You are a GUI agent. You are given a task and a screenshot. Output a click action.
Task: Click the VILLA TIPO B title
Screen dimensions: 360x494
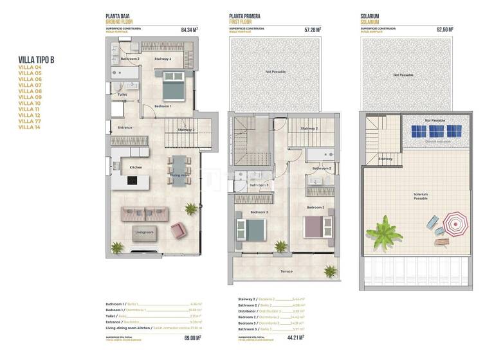pyautogui.click(x=37, y=60)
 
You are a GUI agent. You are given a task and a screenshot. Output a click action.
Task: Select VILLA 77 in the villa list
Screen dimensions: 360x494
pyautogui.click(x=30, y=121)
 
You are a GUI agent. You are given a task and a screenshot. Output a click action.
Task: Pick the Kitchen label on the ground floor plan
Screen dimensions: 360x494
pyautogui.click(x=136, y=168)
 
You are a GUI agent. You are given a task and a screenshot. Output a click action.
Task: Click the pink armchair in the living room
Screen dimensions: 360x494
pyautogui.click(x=178, y=229)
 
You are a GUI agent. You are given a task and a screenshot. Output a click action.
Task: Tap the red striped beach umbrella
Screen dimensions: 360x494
pyautogui.click(x=455, y=225)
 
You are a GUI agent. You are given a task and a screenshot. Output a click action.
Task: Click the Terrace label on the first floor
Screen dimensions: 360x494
pyautogui.click(x=286, y=271)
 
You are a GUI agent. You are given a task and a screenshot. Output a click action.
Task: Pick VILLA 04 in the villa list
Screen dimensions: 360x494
pyautogui.click(x=30, y=67)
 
